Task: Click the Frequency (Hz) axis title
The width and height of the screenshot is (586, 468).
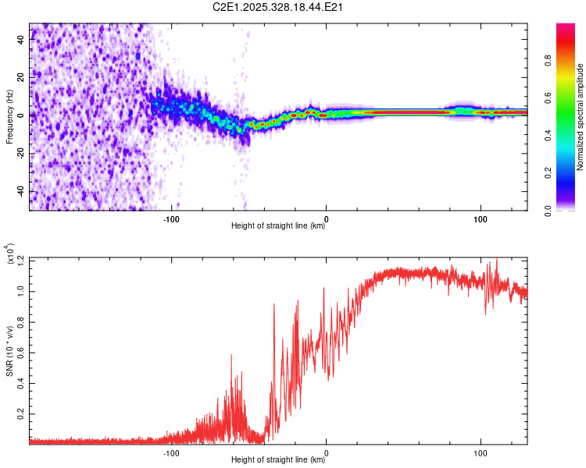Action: [9, 117]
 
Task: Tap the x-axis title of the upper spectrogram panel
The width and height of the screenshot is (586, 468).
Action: [278, 227]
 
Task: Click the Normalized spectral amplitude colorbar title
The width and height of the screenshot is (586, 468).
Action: [581, 117]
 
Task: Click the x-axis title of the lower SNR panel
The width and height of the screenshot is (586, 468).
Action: [278, 460]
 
